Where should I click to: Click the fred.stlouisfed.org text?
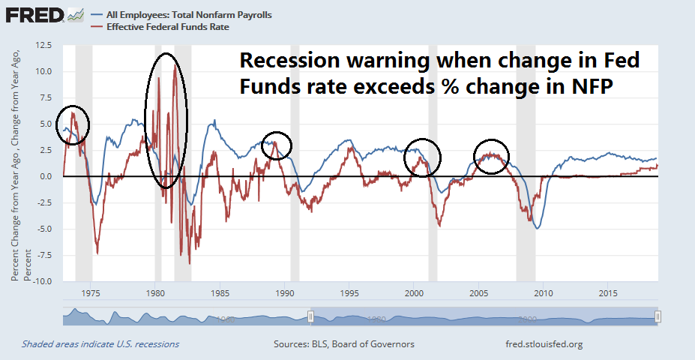coord(545,344)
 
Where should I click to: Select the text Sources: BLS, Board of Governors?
coord(344,344)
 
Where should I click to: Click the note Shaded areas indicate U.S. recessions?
coord(100,344)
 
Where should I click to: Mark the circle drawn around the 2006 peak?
coord(491,156)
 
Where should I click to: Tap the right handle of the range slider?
coord(658,317)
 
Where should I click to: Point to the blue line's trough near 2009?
coord(537,228)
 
